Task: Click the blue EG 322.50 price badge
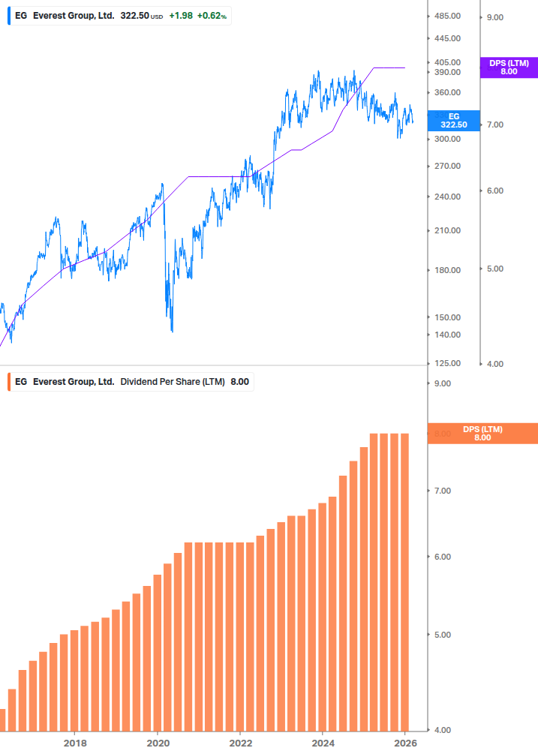click(x=452, y=121)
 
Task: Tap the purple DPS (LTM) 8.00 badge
click(x=508, y=68)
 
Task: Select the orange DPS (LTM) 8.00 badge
click(x=482, y=434)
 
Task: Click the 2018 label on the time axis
click(x=75, y=743)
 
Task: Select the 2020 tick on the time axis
click(x=158, y=743)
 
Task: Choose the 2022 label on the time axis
click(x=240, y=743)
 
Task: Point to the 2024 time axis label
click(x=323, y=743)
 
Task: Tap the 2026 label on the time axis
click(x=405, y=743)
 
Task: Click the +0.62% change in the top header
click(x=212, y=16)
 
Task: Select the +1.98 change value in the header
click(x=180, y=16)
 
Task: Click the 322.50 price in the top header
click(x=135, y=16)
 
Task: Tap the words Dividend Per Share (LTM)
click(x=173, y=382)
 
